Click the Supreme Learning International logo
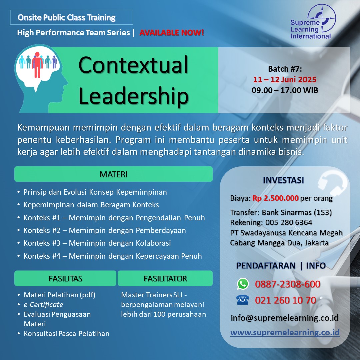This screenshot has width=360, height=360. pos(313,22)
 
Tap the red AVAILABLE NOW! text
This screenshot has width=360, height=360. pos(172,33)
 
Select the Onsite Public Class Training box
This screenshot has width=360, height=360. pos(72,17)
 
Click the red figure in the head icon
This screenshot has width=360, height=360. pos(37,65)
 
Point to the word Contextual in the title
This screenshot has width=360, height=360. pos(133,65)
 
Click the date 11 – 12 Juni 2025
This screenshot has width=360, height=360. pos(285,79)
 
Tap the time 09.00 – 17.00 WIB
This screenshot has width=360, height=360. pos(285,90)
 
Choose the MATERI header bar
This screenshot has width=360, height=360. pos(113,174)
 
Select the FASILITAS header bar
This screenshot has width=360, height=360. pos(65,278)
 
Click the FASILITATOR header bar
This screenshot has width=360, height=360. pos(165,278)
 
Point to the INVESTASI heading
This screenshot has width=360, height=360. pos(283,180)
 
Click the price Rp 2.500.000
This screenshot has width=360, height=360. pos(276,198)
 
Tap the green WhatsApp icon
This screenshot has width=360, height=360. pos(243,284)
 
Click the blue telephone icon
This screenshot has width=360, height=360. pos(243,300)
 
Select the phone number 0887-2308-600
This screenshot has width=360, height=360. pos(287,284)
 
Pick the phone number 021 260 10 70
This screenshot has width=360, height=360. pos(285,300)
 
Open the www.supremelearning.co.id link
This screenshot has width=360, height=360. pos(285,332)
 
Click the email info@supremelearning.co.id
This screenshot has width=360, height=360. pos(285,318)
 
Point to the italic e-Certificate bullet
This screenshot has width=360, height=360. pos(43,304)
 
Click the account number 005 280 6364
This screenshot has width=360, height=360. pos(289,222)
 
